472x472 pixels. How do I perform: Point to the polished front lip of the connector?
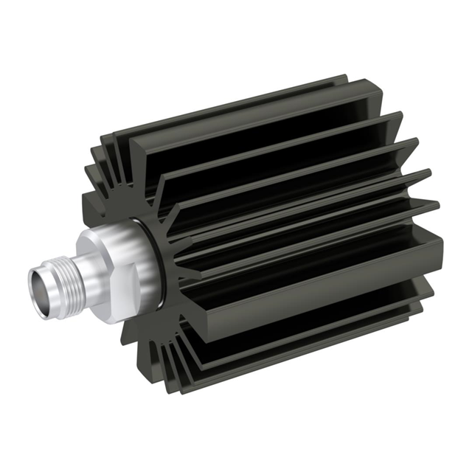tap(33, 284)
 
